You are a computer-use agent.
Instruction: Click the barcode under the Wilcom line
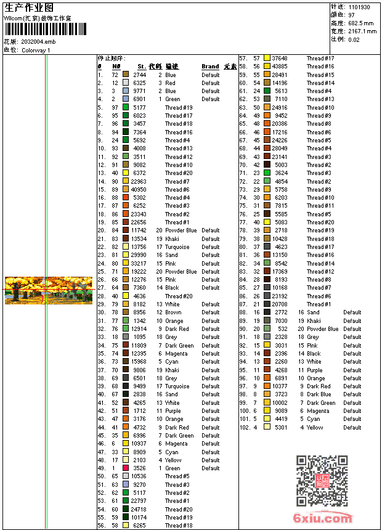(x=37, y=29)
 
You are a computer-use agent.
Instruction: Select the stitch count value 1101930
(x=359, y=7)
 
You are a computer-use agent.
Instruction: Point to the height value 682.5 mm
(x=362, y=23)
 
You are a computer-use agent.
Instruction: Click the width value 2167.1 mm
(x=362, y=31)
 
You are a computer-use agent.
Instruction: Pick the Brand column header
(x=210, y=67)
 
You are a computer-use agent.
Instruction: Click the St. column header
(x=141, y=67)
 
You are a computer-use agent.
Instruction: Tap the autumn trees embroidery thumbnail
(x=48, y=290)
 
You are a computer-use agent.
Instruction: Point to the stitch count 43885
(x=279, y=67)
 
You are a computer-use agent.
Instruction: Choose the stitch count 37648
(x=279, y=59)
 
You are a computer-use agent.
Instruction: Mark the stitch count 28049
(x=279, y=149)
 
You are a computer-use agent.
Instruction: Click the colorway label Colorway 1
(x=36, y=50)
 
